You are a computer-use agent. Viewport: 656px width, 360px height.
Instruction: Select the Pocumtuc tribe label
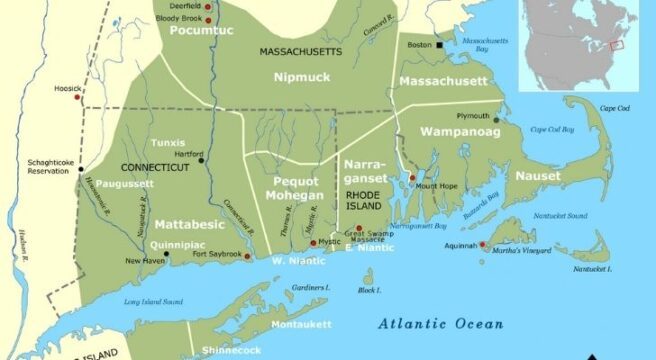click(x=194, y=30)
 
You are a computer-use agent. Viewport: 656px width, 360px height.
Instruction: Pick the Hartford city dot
click(x=202, y=160)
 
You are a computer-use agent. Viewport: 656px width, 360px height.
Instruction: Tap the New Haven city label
click(x=144, y=261)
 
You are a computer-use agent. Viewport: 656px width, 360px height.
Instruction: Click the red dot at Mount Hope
click(x=411, y=176)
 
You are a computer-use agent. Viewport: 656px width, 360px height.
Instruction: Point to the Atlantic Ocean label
click(x=440, y=323)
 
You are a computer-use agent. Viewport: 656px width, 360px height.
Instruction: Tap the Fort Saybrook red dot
click(x=248, y=255)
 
